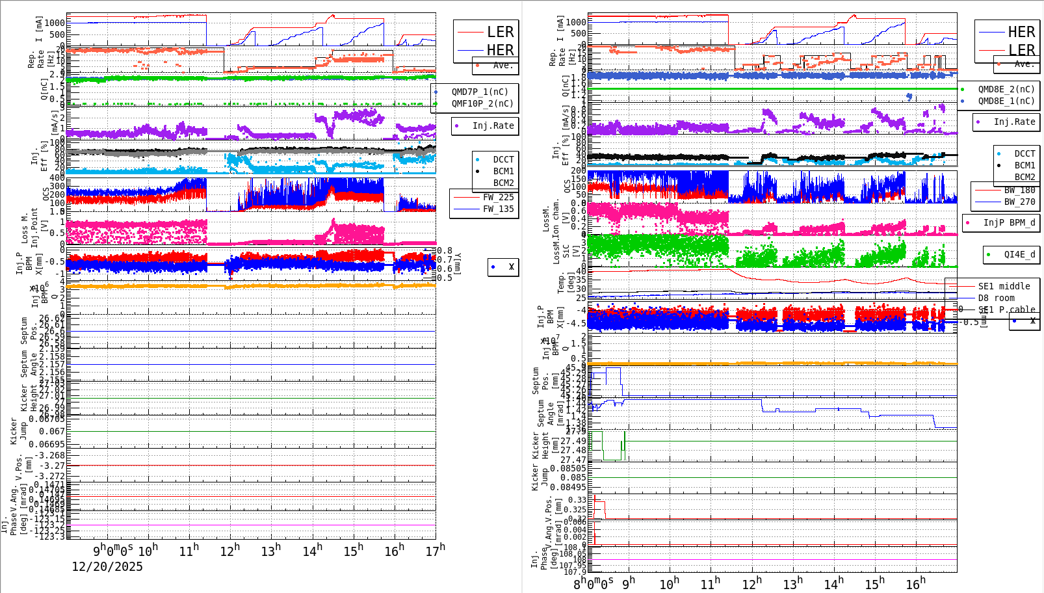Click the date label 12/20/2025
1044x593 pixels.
[x=107, y=566]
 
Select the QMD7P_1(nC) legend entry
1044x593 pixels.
[x=480, y=92]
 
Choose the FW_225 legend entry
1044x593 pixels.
[x=498, y=197]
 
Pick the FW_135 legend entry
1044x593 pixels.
[x=498, y=209]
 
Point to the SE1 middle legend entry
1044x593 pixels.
[x=1004, y=286]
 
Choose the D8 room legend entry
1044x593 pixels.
[x=996, y=298]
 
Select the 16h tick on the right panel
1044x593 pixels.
[x=915, y=583]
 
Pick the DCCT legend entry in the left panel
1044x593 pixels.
[x=503, y=159]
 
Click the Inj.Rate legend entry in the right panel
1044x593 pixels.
[x=1014, y=122]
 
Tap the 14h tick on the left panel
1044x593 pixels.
[x=311, y=551]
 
